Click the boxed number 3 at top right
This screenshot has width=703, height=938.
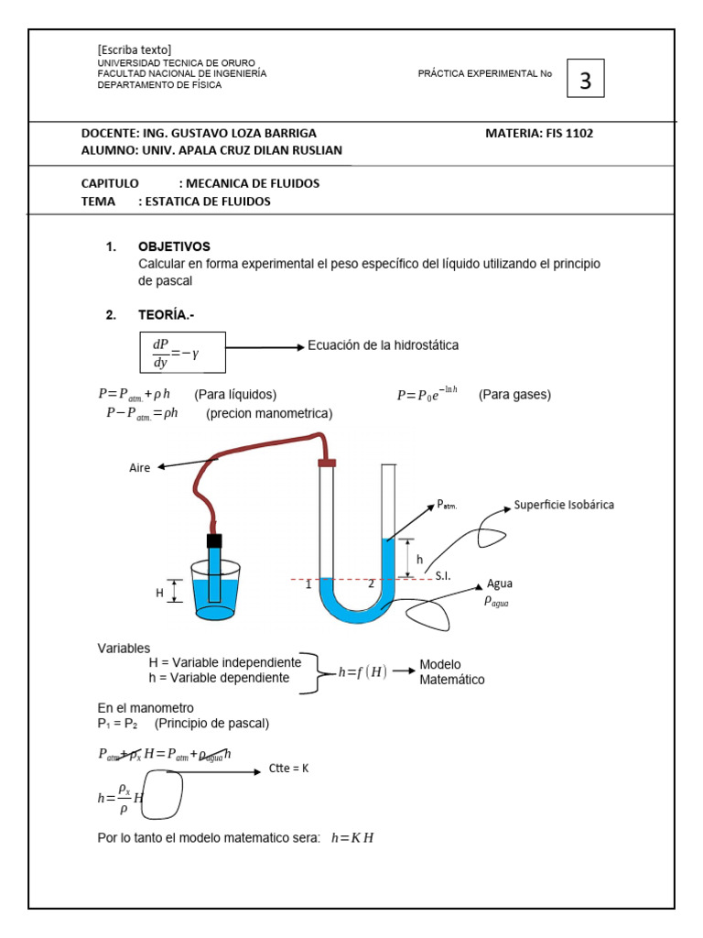click(586, 82)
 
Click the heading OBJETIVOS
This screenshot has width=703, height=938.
click(174, 246)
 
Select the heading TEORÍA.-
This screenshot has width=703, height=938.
click(166, 315)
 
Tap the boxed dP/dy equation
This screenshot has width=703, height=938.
click(182, 353)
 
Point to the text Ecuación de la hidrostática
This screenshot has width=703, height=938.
click(383, 345)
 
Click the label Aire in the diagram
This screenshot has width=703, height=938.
click(139, 468)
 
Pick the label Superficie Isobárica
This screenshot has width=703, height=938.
click(564, 505)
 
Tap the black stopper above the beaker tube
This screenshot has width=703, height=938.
click(214, 540)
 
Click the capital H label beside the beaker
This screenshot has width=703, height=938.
click(158, 594)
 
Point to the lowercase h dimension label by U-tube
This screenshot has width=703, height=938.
click(419, 559)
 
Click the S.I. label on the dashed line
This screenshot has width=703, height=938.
click(443, 575)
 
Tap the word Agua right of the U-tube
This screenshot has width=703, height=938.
click(500, 584)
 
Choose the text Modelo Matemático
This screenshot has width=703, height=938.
click(451, 671)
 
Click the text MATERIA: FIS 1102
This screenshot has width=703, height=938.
click(538, 133)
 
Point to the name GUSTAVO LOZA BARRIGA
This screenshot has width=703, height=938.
click(244, 133)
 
